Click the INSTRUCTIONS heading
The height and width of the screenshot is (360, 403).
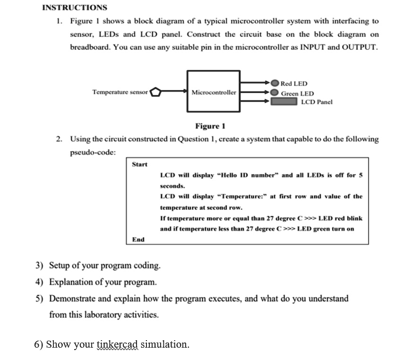[75, 8]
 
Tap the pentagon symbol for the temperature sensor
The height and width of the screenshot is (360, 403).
[155, 92]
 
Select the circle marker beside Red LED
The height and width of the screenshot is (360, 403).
[275, 83]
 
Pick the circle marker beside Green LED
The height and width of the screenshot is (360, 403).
[274, 92]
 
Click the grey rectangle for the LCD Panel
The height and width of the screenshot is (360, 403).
[284, 101]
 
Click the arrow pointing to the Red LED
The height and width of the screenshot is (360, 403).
[255, 83]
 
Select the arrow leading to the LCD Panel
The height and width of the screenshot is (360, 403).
[255, 101]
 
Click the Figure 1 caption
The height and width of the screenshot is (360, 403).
[210, 126]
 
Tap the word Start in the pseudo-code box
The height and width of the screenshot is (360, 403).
[139, 164]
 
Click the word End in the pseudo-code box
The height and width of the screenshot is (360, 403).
[138, 240]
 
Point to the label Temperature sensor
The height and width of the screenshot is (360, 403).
[120, 92]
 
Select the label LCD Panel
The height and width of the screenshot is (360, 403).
[317, 102]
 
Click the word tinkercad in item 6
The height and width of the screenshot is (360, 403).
[117, 344]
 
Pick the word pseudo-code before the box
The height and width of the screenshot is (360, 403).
[93, 153]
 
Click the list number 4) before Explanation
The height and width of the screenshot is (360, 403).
[39, 282]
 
